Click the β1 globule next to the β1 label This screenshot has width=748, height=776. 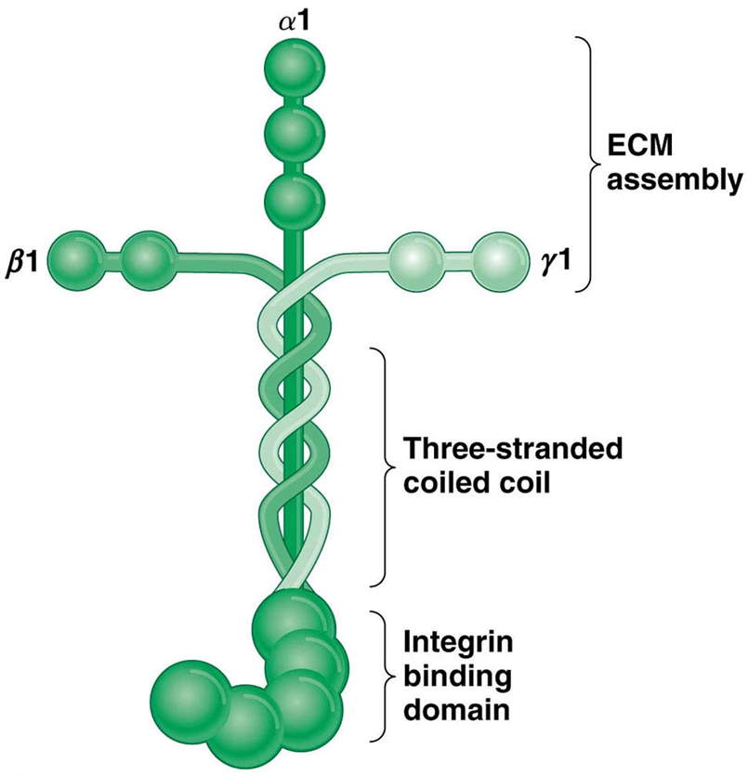click(x=74, y=256)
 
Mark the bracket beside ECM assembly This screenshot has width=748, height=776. click(x=588, y=164)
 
